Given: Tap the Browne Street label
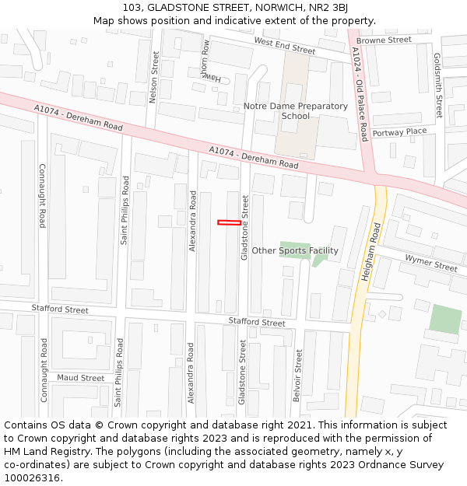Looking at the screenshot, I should click(x=384, y=40).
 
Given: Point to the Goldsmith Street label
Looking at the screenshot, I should click(x=437, y=86).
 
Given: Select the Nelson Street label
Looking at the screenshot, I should click(x=154, y=78).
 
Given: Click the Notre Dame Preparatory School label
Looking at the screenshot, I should click(x=295, y=111).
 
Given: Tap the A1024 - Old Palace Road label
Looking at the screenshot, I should click(x=360, y=94).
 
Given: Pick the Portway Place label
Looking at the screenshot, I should click(x=399, y=132).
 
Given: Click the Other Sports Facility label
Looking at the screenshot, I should click(x=294, y=250).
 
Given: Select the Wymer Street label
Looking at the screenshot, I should click(x=430, y=262).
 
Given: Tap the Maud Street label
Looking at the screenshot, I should click(x=81, y=378).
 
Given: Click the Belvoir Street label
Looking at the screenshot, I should click(x=297, y=375).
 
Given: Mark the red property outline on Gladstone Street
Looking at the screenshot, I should click(x=229, y=222).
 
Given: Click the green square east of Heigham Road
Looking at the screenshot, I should click(x=445, y=320).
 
